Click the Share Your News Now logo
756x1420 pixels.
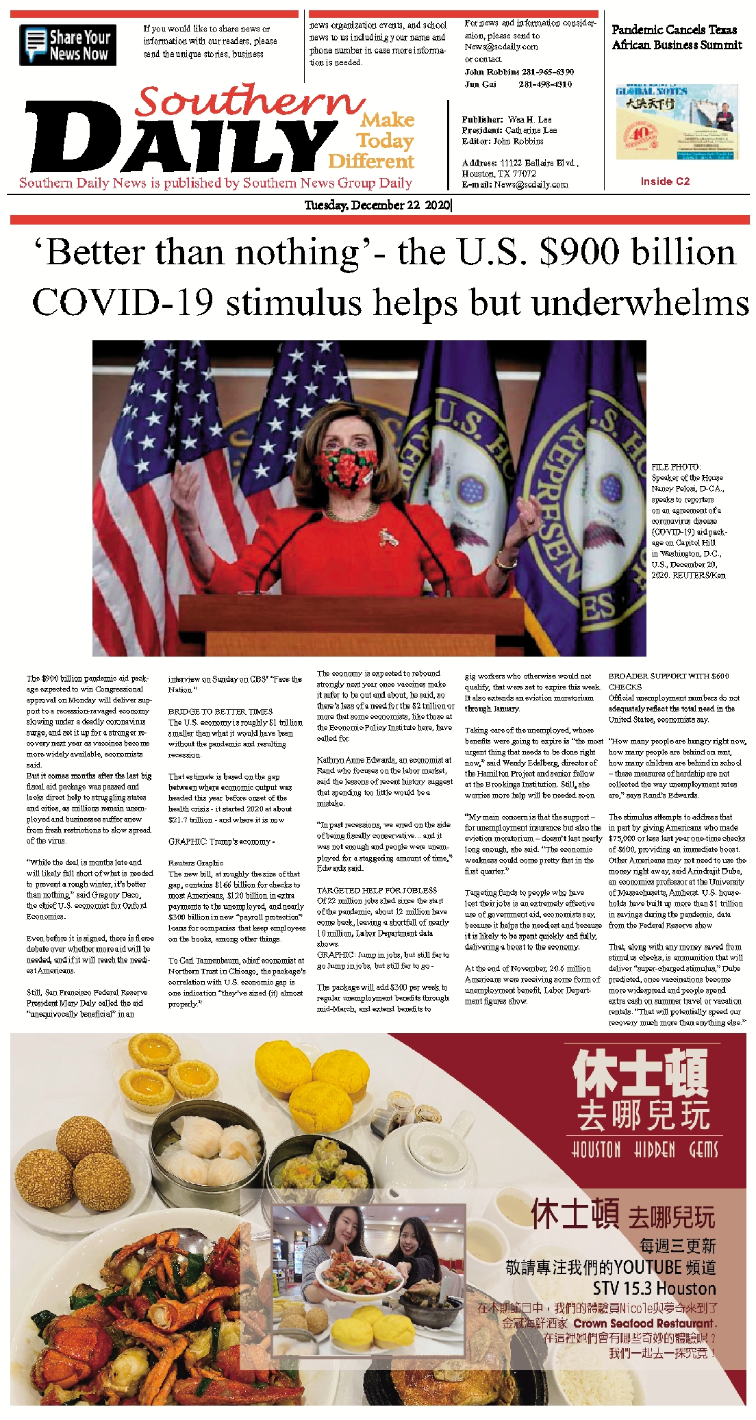68,45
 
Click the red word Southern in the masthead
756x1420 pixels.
249,101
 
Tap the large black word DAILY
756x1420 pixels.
178,140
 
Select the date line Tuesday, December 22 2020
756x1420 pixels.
377,205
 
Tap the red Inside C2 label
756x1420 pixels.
664,181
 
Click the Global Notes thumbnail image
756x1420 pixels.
677,122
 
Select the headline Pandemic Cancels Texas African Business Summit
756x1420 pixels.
676,37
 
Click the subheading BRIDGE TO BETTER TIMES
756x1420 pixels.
220,711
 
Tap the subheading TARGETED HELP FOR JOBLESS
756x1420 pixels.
377,890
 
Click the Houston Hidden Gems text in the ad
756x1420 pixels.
644,1150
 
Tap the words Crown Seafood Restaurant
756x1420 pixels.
644,1323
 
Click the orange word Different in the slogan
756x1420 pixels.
371,162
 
